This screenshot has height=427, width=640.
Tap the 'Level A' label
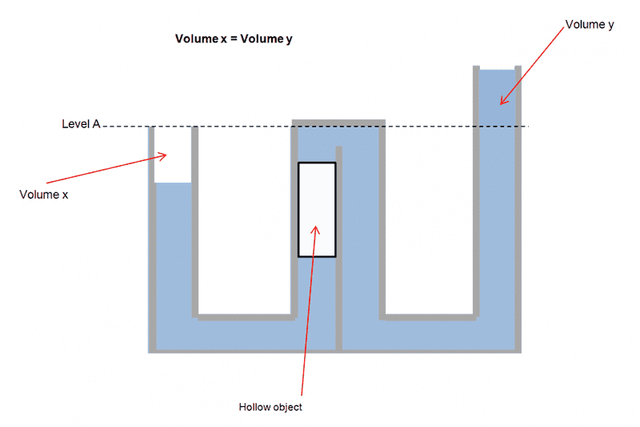(x=81, y=124)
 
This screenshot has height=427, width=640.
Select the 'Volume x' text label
(x=43, y=194)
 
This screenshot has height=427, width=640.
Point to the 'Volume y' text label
(x=590, y=25)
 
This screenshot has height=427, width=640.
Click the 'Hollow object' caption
(x=270, y=407)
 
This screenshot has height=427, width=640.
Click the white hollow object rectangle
(x=317, y=209)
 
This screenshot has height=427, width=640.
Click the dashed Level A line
(x=240, y=127)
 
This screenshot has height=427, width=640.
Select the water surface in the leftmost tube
(x=172, y=183)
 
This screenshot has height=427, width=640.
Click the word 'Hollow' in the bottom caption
(x=254, y=407)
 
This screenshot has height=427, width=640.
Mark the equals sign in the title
(x=234, y=38)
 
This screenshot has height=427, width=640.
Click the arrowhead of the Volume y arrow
(x=503, y=100)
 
